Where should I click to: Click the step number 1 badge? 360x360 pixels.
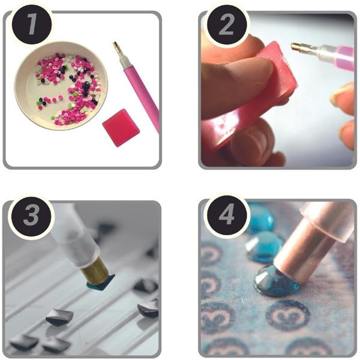(x=32, y=24)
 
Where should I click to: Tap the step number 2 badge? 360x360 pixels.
(x=226, y=24)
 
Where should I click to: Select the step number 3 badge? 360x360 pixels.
(x=31, y=217)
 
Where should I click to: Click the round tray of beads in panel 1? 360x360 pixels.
(x=61, y=86)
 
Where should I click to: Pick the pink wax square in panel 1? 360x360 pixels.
(x=121, y=128)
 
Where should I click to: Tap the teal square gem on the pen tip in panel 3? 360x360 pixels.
(x=101, y=282)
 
